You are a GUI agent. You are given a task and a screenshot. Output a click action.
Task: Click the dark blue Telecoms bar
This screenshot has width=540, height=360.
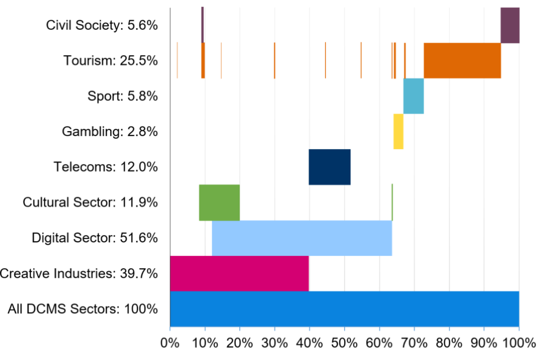click(330, 167)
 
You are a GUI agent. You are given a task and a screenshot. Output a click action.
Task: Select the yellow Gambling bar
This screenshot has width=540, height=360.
click(398, 132)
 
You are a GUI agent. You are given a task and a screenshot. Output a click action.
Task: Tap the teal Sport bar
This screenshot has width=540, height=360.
click(413, 96)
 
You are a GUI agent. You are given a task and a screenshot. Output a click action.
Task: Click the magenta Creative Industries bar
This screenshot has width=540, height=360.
click(239, 273)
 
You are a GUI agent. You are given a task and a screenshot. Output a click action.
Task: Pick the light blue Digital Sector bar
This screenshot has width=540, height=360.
click(301, 238)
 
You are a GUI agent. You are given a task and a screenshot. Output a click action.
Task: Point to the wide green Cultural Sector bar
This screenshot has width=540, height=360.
click(219, 202)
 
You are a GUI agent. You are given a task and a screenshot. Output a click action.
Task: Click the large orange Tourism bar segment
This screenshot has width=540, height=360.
click(462, 61)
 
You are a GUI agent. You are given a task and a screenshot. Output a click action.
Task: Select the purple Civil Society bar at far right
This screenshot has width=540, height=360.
click(510, 25)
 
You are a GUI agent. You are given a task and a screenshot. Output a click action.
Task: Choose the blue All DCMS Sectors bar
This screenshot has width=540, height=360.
click(344, 309)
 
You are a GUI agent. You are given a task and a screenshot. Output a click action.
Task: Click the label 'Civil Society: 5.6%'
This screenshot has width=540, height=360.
click(102, 25)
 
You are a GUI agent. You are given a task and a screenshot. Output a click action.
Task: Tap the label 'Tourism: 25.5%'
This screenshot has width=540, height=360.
click(110, 61)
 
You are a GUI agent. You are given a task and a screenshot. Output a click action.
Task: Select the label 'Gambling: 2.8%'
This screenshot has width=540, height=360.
click(110, 132)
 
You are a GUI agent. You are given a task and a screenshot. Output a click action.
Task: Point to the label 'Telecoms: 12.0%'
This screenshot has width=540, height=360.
click(106, 167)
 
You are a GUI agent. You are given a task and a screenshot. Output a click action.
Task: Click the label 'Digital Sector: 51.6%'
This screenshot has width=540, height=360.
click(94, 238)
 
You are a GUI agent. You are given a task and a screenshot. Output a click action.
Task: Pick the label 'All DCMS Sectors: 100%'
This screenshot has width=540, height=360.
click(83, 309)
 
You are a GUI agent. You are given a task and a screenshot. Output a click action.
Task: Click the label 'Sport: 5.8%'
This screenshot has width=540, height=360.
click(123, 96)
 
